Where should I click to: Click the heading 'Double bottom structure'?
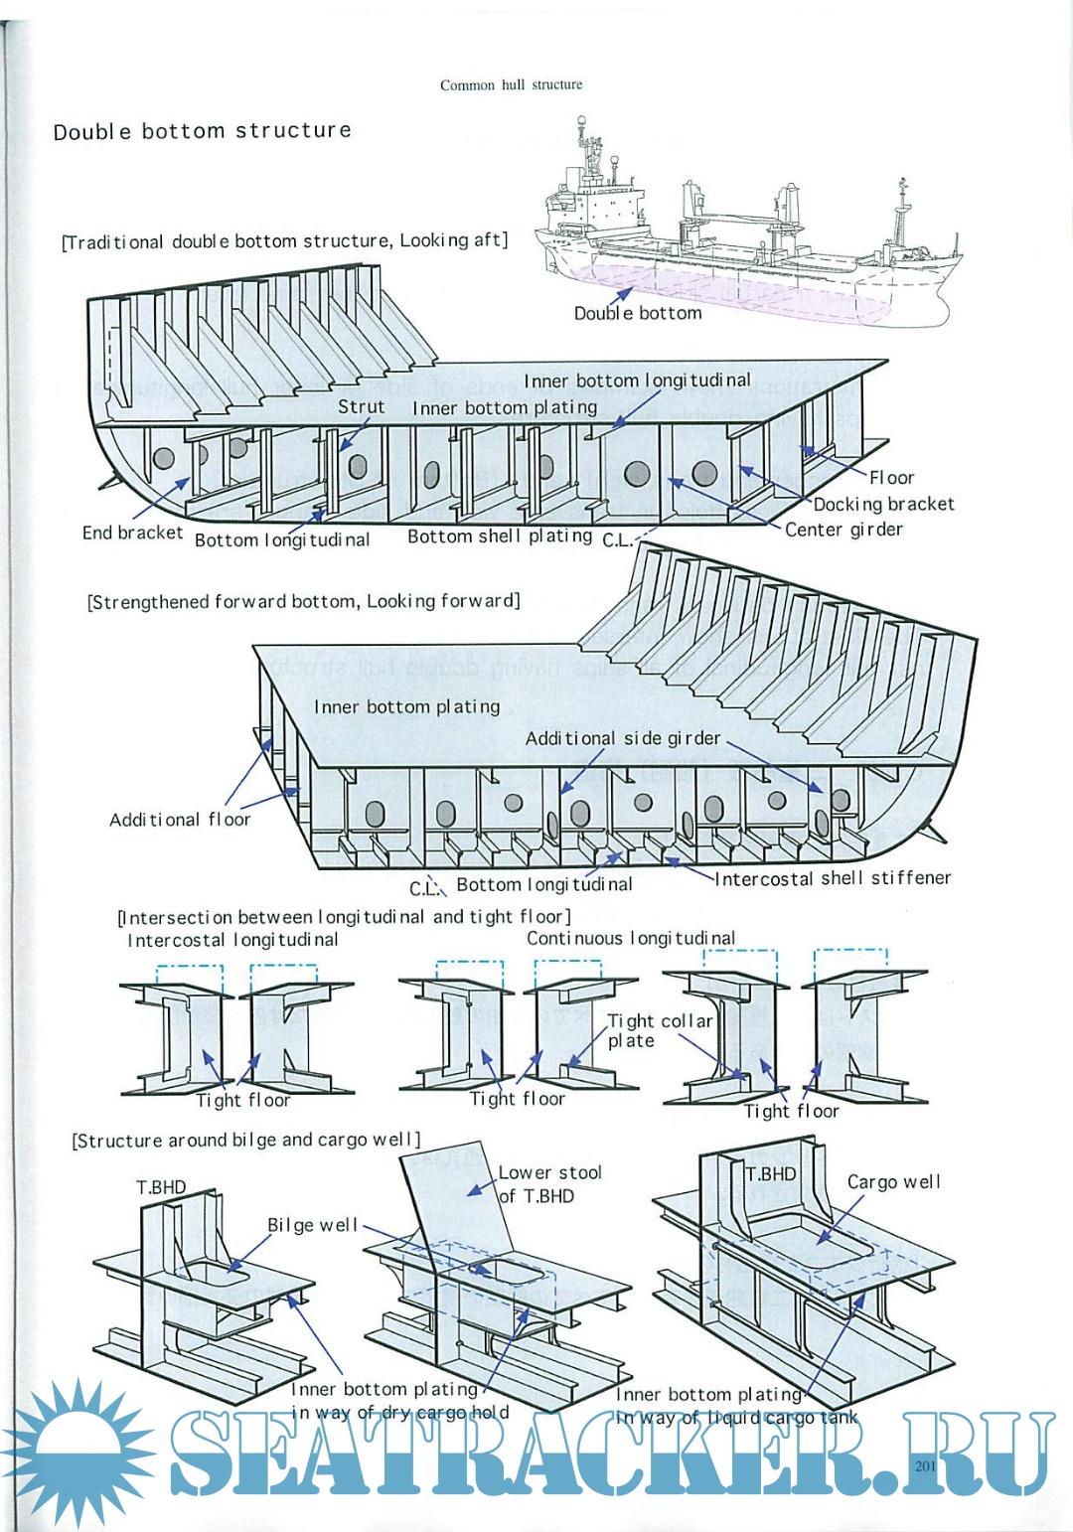pyautogui.click(x=202, y=131)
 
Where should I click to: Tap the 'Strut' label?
pyautogui.click(x=361, y=406)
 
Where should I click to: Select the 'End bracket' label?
pyautogui.click(x=132, y=533)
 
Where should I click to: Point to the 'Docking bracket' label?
pyautogui.click(x=883, y=504)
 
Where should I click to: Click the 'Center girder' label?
pyautogui.click(x=843, y=530)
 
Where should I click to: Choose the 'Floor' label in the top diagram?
pyautogui.click(x=890, y=478)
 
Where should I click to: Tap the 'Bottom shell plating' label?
pyautogui.click(x=500, y=536)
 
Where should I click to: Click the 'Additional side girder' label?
pyautogui.click(x=622, y=738)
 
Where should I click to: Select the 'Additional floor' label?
pyautogui.click(x=180, y=820)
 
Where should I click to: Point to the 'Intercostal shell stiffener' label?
pyautogui.click(x=833, y=878)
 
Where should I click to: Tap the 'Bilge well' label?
pyautogui.click(x=312, y=1225)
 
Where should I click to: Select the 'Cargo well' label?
pyautogui.click(x=893, y=1182)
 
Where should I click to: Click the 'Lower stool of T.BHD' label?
pyautogui.click(x=549, y=1184)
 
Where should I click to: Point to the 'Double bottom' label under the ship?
pyautogui.click(x=638, y=313)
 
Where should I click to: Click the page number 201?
pyautogui.click(x=925, y=1465)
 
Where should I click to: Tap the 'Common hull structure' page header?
pyautogui.click(x=511, y=85)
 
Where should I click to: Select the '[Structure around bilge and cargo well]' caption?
pyautogui.click(x=246, y=1140)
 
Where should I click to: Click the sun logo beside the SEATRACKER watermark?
pyautogui.click(x=75, y=1453)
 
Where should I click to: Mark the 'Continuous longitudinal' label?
pyautogui.click(x=631, y=938)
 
